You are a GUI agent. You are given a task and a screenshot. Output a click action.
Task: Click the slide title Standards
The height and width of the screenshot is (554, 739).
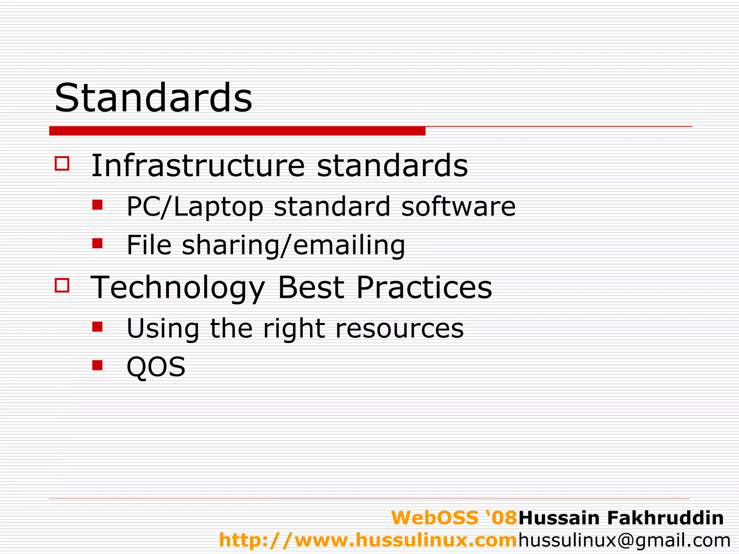[x=153, y=98]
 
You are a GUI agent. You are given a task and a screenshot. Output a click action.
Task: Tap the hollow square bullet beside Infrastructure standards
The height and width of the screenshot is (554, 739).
[x=62, y=163]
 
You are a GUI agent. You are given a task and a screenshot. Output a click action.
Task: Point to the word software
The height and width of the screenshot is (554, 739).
[x=458, y=207]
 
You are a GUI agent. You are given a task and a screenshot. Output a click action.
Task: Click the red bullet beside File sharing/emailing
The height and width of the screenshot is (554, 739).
[x=97, y=243]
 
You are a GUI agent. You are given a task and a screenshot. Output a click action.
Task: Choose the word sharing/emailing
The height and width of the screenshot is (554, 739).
[x=293, y=245]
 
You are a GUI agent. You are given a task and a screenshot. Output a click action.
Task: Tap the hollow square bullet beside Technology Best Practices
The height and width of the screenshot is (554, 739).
[x=62, y=285]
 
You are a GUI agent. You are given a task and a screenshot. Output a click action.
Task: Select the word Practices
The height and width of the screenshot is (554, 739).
[x=424, y=287]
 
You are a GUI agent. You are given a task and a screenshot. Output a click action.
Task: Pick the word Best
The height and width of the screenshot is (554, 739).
[x=311, y=287]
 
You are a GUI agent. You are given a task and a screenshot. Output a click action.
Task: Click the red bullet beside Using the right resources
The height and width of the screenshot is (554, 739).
[x=97, y=327]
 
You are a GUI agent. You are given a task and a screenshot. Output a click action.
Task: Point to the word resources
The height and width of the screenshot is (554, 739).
[x=399, y=329]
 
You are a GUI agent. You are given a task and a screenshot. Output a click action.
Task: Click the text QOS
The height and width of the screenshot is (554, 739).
[x=156, y=367]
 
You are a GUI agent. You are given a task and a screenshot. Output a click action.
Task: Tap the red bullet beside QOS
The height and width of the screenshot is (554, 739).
[x=97, y=365]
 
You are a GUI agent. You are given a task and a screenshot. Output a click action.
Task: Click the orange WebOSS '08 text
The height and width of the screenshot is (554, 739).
[x=454, y=518]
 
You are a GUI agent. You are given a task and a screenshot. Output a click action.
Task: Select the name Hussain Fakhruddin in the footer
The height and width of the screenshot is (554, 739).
[x=621, y=518]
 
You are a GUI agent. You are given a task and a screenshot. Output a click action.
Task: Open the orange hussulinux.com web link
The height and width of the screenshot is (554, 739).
[x=368, y=540]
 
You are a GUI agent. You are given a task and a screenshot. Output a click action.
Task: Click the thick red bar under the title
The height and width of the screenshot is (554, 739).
[x=237, y=131]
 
